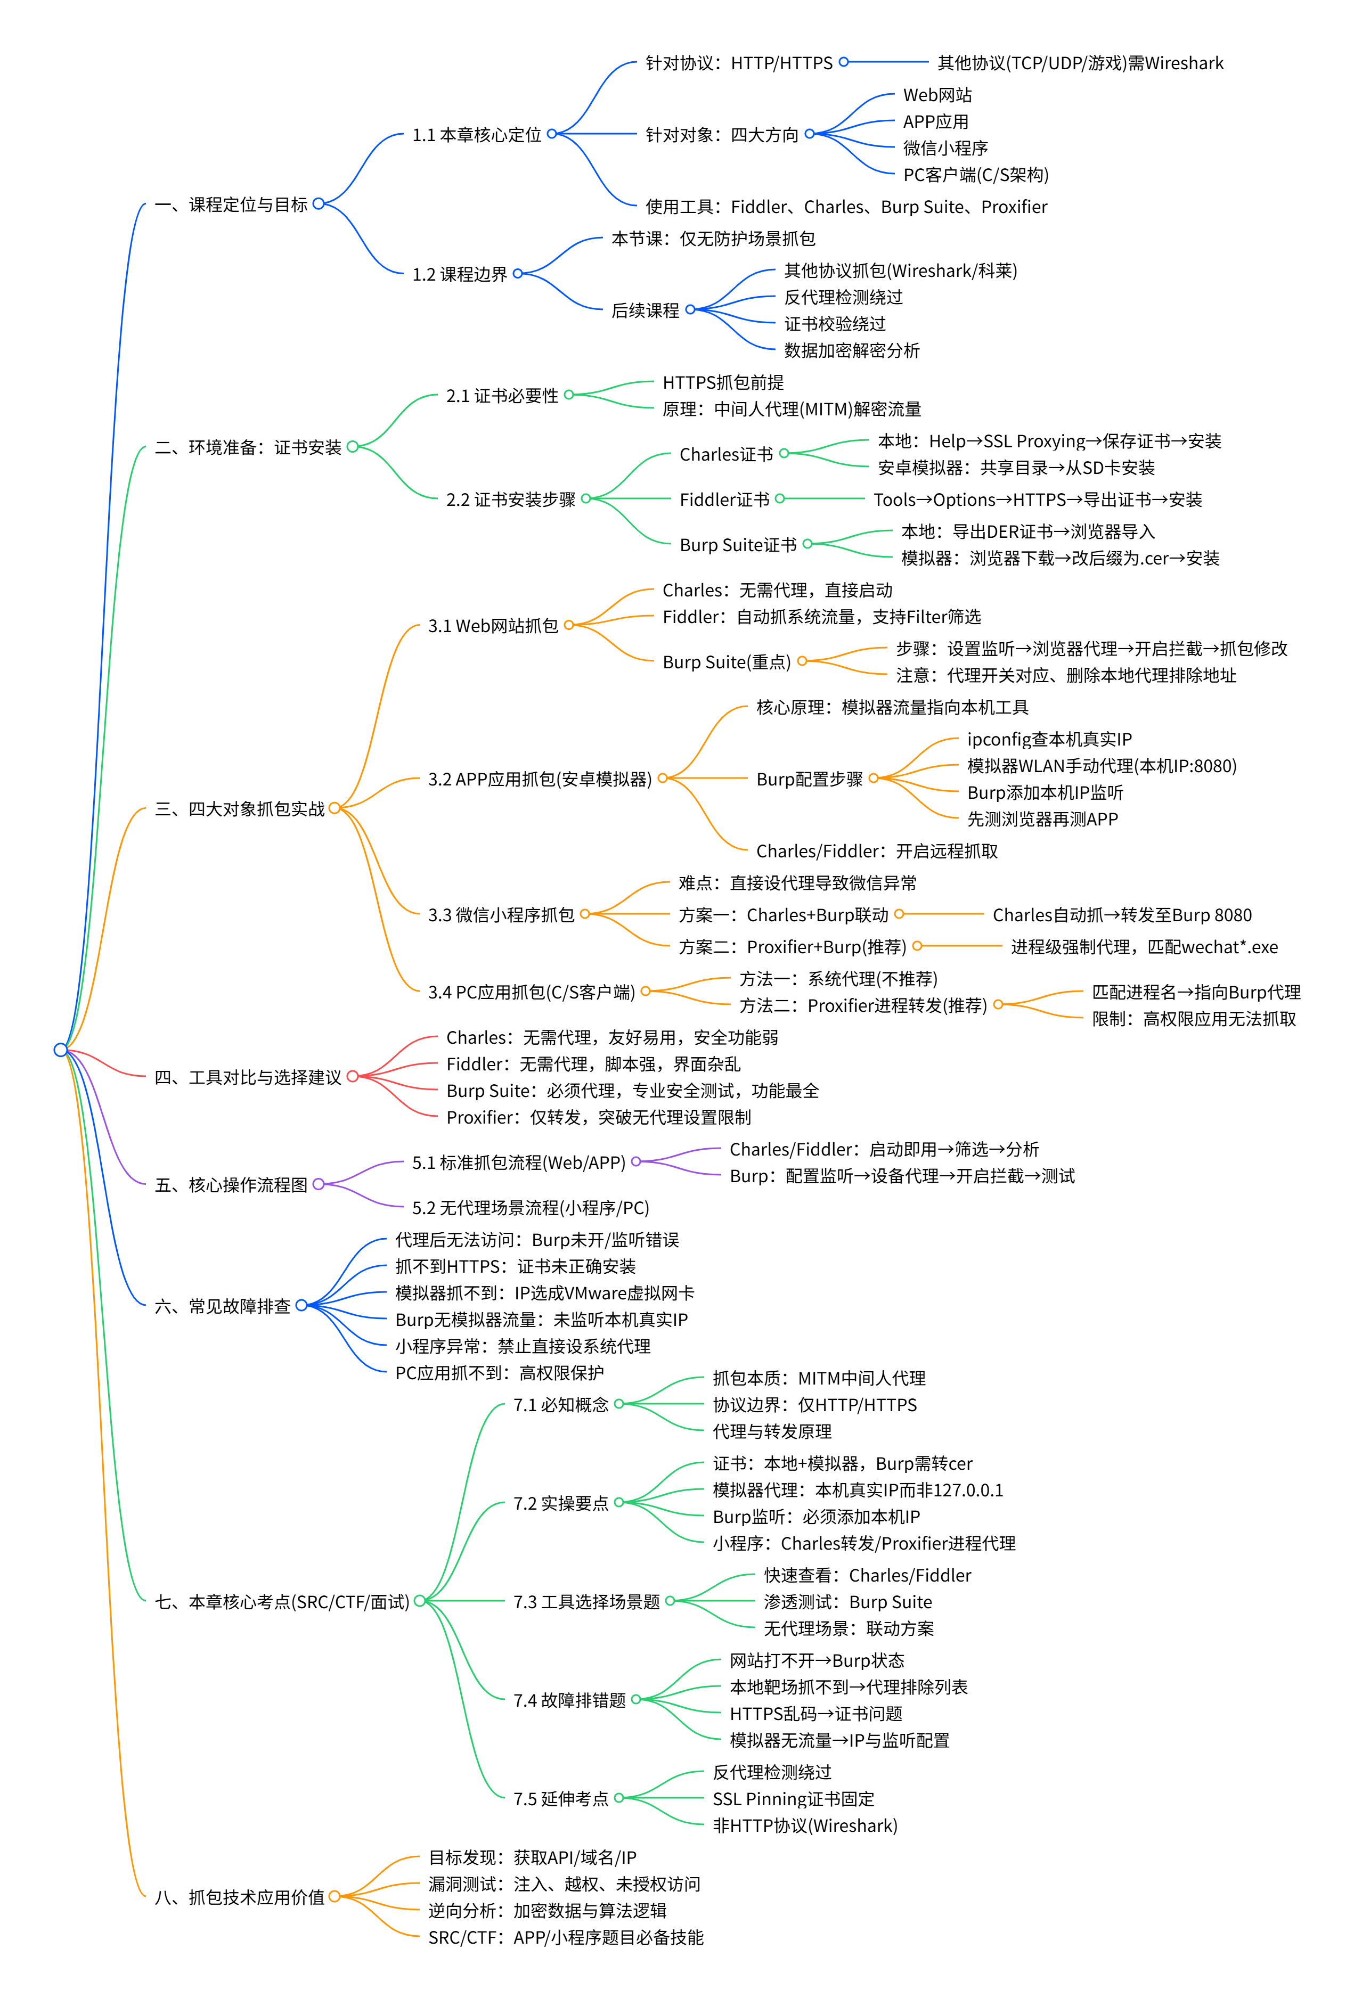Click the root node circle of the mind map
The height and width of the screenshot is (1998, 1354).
coord(60,1050)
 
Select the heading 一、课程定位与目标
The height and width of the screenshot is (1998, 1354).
coord(231,204)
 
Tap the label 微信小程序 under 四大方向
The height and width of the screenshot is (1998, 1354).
coord(945,148)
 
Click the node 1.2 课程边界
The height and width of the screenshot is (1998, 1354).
coord(459,274)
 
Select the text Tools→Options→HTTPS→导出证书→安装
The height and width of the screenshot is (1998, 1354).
coord(1037,499)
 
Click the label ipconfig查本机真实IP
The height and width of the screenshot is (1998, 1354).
coord(1049,739)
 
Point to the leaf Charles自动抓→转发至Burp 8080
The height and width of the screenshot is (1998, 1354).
coord(1121,915)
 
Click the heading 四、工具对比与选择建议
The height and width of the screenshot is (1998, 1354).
coord(248,1077)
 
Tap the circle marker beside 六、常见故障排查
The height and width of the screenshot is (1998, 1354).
coord(301,1306)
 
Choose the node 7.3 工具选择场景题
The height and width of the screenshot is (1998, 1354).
coord(586,1602)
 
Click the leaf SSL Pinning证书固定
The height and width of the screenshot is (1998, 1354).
coord(793,1798)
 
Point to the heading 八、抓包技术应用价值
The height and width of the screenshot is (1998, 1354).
coord(239,1897)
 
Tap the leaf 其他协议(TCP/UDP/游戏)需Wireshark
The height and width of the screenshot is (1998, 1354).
coord(1080,63)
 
